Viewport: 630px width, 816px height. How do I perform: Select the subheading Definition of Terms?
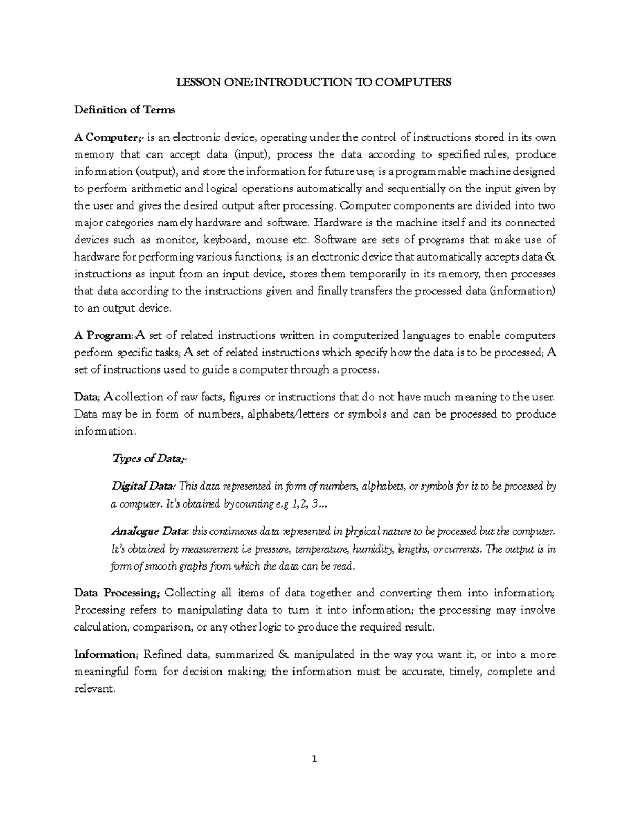(x=124, y=110)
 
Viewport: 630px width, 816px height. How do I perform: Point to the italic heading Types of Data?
(x=149, y=459)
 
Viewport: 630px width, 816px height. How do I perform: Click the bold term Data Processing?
(x=117, y=593)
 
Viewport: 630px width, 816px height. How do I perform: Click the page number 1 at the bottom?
(x=314, y=758)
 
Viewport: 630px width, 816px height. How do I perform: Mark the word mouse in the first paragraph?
(x=272, y=240)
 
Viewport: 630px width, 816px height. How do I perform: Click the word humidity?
(x=372, y=549)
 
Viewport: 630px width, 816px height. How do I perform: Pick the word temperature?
(x=321, y=549)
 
